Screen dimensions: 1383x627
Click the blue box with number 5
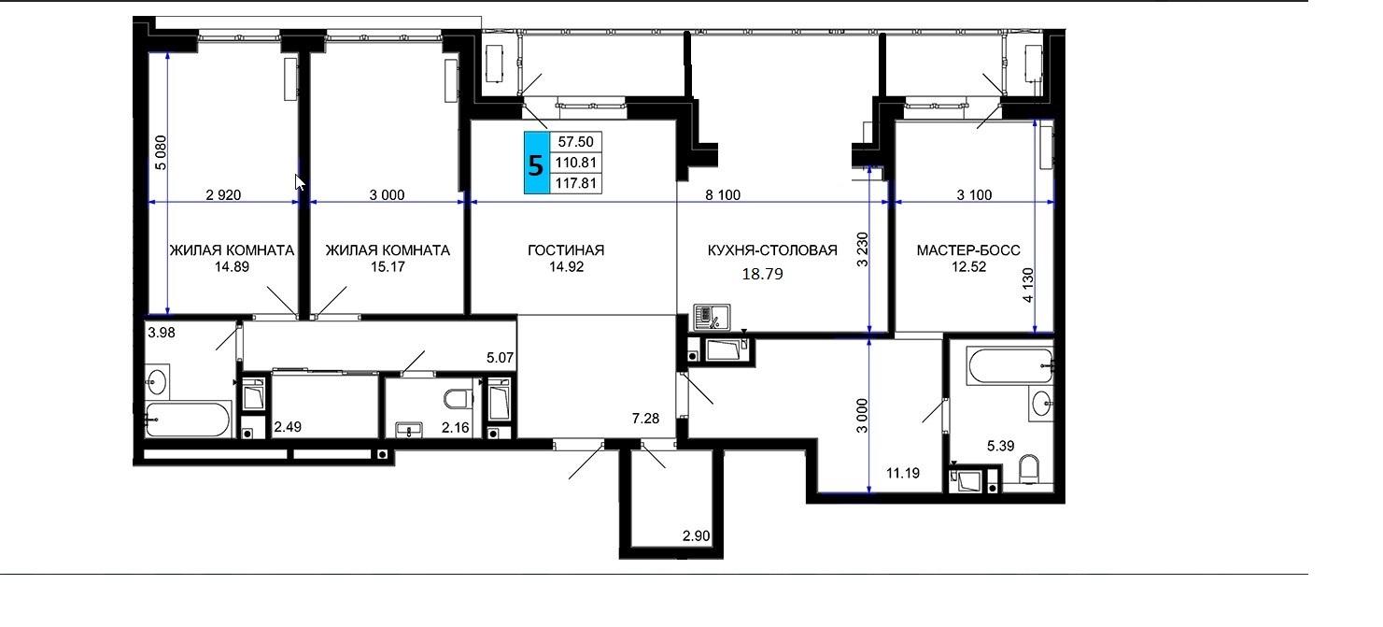coord(536,164)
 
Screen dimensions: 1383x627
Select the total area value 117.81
coord(575,183)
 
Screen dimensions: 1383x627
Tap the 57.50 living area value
coord(575,142)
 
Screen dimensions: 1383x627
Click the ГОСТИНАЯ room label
coord(566,250)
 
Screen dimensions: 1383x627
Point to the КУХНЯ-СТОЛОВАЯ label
coord(771,250)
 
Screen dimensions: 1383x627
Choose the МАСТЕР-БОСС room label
coord(968,250)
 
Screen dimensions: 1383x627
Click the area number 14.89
coord(232,267)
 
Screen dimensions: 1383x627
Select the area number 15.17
coord(388,267)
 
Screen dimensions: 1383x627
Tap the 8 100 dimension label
coord(723,195)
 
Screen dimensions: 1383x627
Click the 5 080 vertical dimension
coord(161,152)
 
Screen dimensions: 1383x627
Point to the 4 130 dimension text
coord(1028,285)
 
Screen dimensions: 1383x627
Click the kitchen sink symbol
coord(712,318)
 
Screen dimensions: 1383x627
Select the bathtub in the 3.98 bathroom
coord(188,420)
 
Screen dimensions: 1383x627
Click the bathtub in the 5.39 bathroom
coord(1010,366)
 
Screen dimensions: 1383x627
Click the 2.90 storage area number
coord(696,536)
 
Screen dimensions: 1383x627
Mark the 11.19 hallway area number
coord(903,473)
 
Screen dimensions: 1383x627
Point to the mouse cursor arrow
coord(300,183)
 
